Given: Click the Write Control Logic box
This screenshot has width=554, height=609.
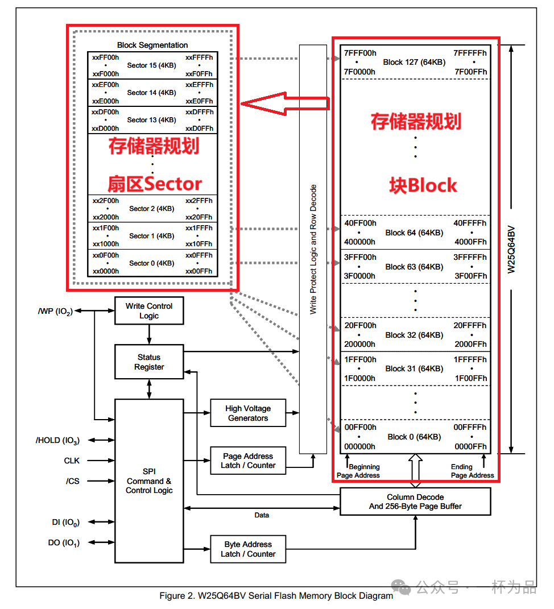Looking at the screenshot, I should [x=148, y=310].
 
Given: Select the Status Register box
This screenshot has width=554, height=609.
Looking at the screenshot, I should [x=148, y=362].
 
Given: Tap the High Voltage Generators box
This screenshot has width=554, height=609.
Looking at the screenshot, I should [x=247, y=413].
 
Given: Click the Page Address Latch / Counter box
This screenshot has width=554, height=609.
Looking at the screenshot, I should [x=247, y=461].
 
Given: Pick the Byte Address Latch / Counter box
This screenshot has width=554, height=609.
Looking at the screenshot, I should [x=247, y=549].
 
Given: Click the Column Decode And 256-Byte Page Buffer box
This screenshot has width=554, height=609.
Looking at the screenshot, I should [x=415, y=502].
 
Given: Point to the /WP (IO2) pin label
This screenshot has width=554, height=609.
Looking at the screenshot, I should [x=55, y=311].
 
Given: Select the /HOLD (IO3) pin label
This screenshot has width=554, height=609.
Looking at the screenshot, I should [x=57, y=440].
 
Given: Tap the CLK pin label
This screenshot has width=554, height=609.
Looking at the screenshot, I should [x=72, y=461].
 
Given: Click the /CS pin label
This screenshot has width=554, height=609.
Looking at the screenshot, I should [x=73, y=481].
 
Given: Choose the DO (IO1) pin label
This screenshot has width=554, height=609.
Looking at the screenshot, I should [x=64, y=543].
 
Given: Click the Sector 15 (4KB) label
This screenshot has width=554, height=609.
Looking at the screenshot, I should [x=151, y=65].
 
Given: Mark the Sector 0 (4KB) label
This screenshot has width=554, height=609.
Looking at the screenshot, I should [x=151, y=263].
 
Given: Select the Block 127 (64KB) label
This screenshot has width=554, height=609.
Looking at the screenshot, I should [x=414, y=62].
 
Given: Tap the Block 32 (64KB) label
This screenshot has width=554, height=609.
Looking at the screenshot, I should [x=414, y=335].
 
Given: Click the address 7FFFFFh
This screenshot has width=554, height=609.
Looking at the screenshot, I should [x=470, y=53].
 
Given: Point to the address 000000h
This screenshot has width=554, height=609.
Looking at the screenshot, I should [x=359, y=446].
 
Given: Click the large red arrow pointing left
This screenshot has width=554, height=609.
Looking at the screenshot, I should [x=284, y=103].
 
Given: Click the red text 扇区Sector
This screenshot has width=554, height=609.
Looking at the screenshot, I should [x=155, y=184].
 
